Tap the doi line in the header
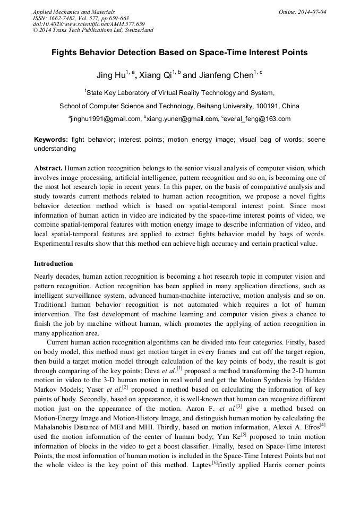89,24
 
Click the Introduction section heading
54,264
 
